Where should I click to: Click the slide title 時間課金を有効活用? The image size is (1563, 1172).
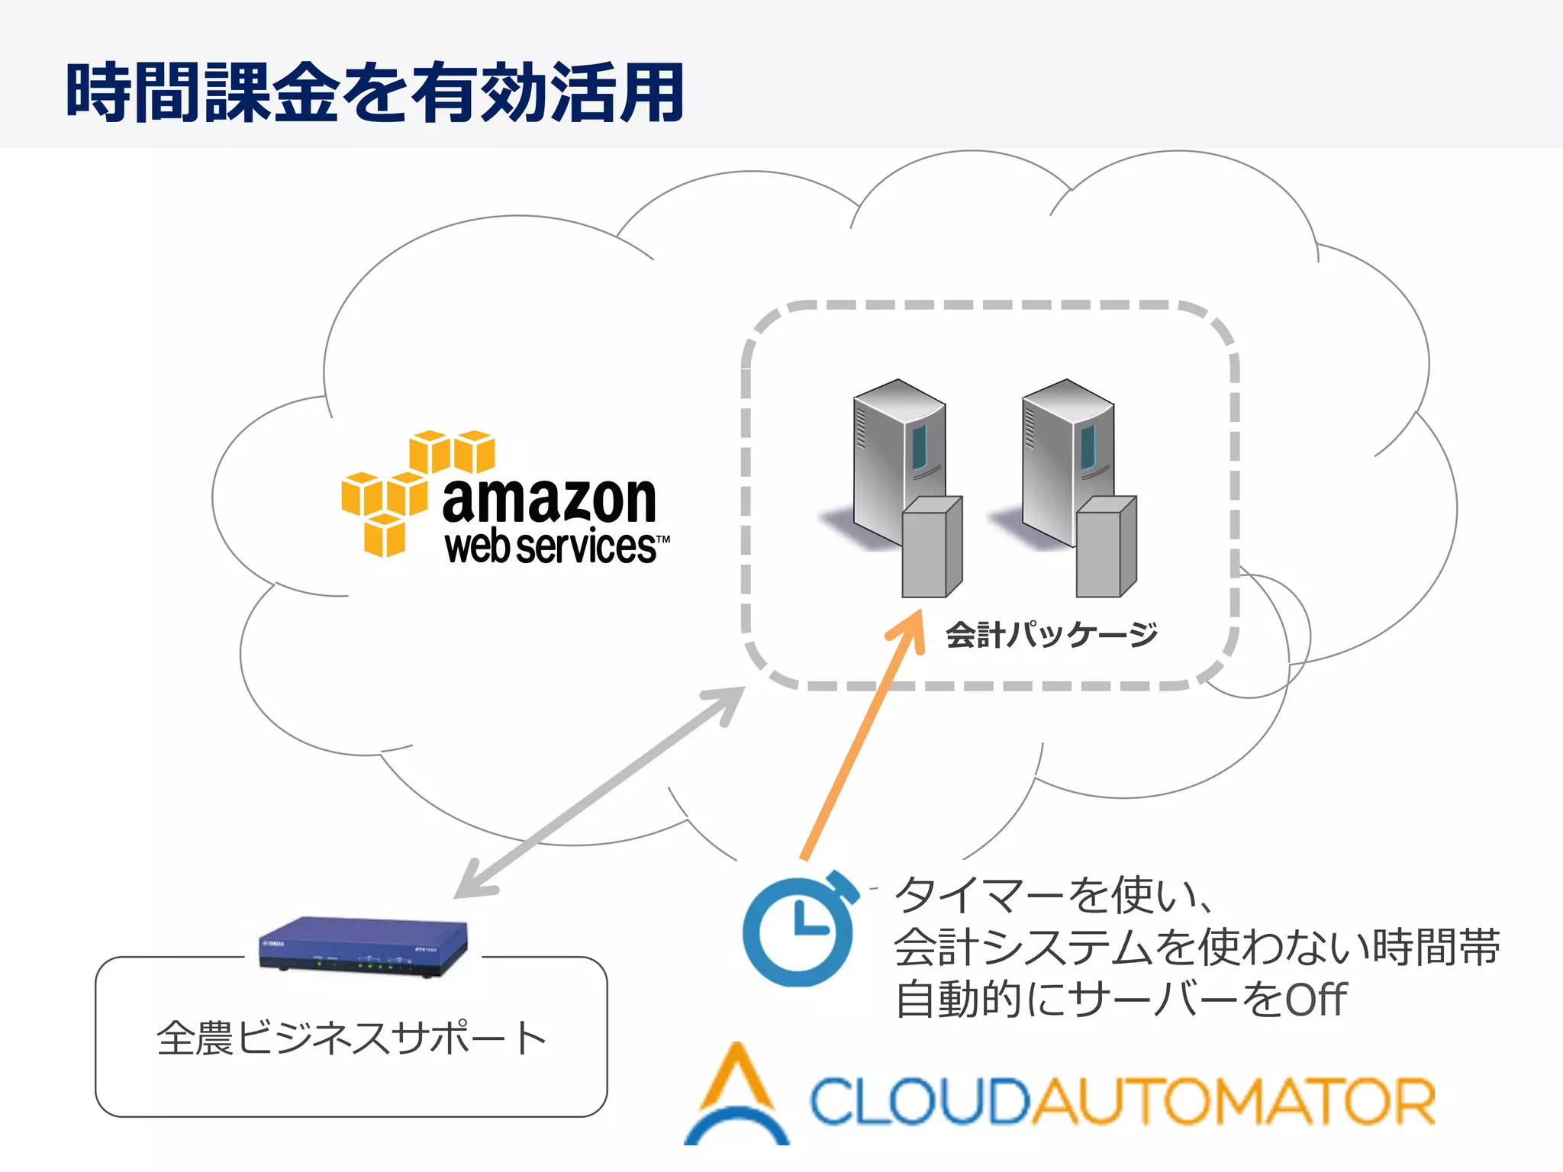(374, 93)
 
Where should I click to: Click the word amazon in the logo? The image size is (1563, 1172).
(549, 500)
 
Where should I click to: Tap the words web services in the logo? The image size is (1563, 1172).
(551, 547)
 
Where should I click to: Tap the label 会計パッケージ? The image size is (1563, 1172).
(1052, 635)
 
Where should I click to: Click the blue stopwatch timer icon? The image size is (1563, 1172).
(798, 931)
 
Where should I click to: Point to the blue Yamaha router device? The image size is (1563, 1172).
(363, 946)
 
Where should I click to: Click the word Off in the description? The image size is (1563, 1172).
(1315, 1000)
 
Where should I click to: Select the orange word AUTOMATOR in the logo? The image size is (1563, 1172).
(1233, 1101)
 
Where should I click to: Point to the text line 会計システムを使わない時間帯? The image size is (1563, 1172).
(1197, 948)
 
